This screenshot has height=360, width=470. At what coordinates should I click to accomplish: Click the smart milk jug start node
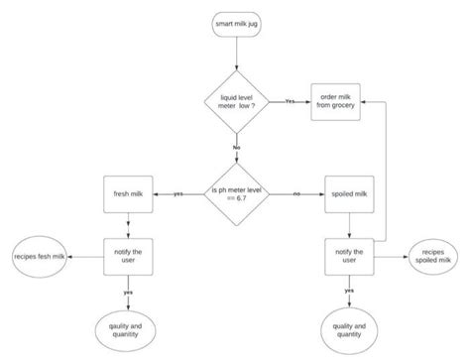coord(237,24)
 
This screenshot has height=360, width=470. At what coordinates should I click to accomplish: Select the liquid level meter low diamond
coord(237,101)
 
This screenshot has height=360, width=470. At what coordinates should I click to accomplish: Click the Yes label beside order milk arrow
coord(290,101)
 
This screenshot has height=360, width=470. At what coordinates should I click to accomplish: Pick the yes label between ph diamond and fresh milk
coord(177,193)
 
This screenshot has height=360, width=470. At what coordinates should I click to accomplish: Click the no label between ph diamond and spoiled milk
coord(296,193)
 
